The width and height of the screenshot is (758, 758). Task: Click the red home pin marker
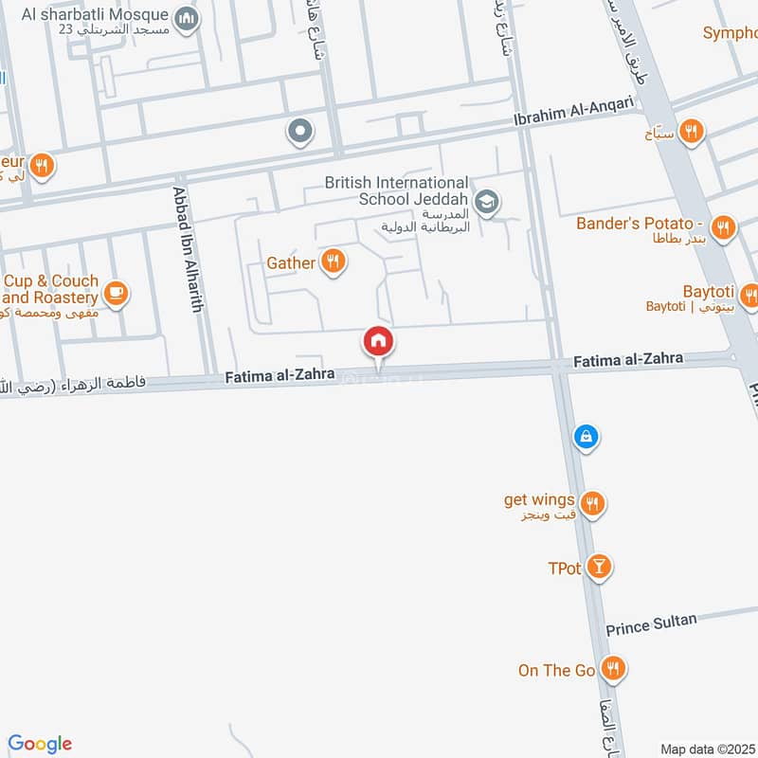[378, 341]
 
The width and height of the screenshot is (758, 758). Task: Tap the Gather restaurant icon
[333, 262]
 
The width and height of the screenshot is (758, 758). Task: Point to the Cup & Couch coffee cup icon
[117, 294]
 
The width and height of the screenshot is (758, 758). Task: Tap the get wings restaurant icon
[593, 503]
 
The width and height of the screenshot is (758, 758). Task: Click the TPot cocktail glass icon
[599, 568]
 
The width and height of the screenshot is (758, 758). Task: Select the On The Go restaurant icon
[615, 669]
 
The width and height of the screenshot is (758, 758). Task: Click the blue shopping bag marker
[587, 437]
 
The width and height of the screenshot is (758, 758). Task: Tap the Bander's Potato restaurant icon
[724, 226]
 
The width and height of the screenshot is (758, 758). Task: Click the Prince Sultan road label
[651, 624]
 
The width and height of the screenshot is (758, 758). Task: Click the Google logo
[40, 744]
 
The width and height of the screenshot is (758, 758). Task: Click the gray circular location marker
[300, 132]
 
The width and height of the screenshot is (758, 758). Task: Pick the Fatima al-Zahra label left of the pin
[280, 376]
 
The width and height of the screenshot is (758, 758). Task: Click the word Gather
[290, 262]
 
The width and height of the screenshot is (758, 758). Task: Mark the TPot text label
[564, 568]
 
